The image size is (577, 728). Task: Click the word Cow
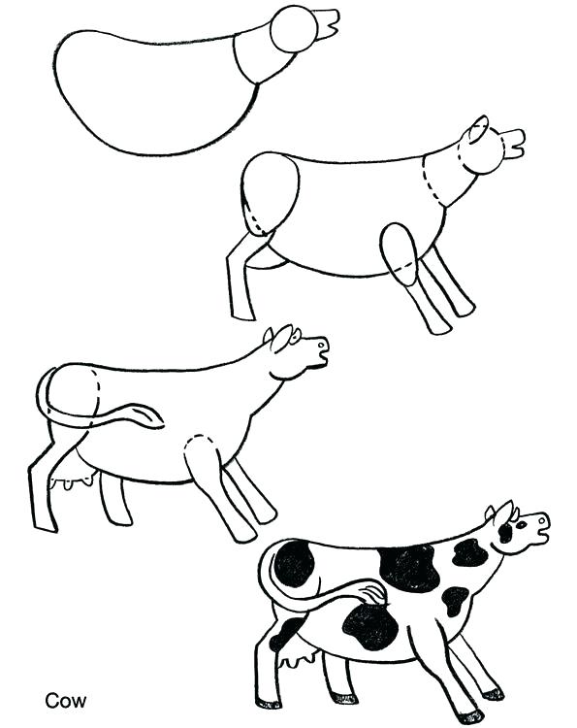click(66, 699)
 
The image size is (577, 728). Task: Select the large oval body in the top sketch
click(145, 92)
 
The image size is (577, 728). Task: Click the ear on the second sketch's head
click(477, 131)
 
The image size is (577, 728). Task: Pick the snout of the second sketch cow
click(512, 145)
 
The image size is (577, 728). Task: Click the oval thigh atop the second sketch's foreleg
click(399, 253)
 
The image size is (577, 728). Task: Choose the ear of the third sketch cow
click(278, 339)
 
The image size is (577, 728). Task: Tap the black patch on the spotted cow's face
click(505, 532)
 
